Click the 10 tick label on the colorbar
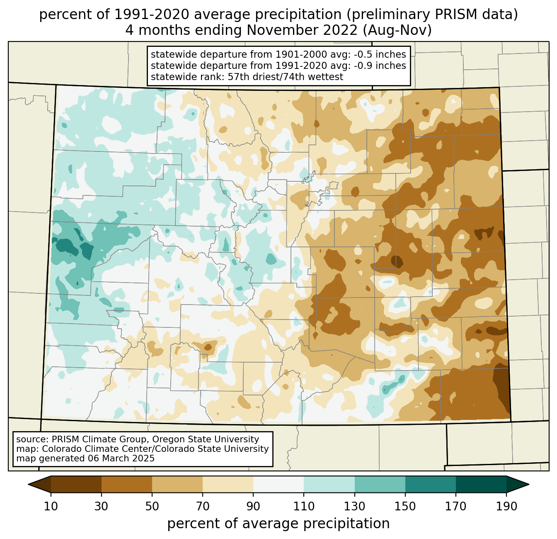coord(51,506)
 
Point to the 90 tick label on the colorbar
coord(253,506)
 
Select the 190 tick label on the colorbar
coord(506,506)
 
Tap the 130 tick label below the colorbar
coord(354,506)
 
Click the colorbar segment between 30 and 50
coord(126,484)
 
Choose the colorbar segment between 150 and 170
coord(430,484)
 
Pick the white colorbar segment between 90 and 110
coord(278,484)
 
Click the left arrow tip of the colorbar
coord(28,484)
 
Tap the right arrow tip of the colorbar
coord(529,484)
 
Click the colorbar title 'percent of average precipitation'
coord(278,523)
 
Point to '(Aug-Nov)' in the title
coord(397,30)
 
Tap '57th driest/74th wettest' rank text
coord(286,77)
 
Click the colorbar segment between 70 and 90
coord(228,484)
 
